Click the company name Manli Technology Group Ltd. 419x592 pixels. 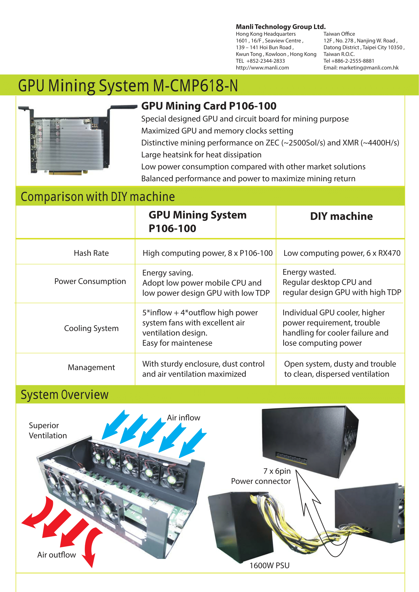pos(281,27)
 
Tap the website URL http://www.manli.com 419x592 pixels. pos(262,68)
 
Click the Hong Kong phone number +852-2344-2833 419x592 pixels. pos(266,61)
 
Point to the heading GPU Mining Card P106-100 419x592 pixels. pos(209,106)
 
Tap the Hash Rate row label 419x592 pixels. pos(91,253)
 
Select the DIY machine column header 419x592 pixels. pos(341,216)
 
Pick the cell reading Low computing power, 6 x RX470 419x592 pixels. pos(342,253)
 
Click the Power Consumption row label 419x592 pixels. pos(90,281)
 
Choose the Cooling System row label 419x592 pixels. pos(91,328)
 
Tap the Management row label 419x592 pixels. pos(91,367)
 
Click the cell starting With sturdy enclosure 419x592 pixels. pos(203,369)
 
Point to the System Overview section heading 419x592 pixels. pos(65,395)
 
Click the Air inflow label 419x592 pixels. pos(183,417)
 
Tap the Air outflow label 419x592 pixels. pos(56,555)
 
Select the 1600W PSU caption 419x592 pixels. pos(269,565)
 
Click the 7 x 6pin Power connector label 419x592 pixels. pos(261,476)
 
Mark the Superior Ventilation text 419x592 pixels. pos(48,430)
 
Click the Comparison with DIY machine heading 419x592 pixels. pos(98,196)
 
